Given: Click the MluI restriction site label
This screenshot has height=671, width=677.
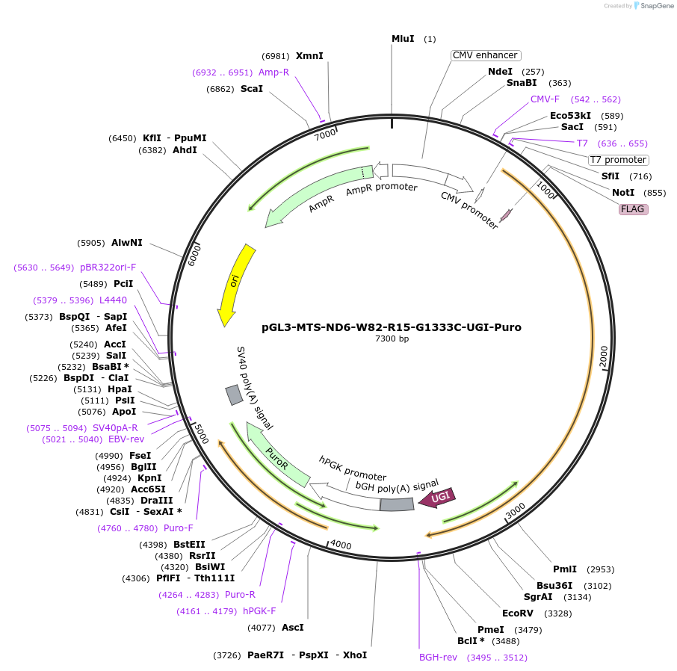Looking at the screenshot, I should coord(403,39).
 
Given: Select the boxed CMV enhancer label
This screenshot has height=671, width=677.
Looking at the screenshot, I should coord(485,55).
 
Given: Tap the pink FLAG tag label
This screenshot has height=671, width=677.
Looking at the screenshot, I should coord(632,209).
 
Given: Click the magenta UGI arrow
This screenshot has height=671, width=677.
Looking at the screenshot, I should coord(437,498).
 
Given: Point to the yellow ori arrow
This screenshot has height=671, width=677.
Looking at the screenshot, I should coord(235,284).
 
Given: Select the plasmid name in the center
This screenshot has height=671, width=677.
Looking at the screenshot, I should coord(392,327).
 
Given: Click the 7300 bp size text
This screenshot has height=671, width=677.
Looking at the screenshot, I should coord(392,339).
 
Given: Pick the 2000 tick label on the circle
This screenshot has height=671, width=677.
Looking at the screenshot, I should coord(604,357).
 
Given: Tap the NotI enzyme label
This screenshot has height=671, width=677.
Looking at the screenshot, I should coord(623,193).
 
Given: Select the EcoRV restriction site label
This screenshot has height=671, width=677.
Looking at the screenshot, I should coord(517,613).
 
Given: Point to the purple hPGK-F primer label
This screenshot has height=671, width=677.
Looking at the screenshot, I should coord(259,611).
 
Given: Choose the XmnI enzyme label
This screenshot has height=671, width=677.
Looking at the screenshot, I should coord(309,56).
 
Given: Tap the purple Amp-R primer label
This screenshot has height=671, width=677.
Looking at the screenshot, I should coord(273,72).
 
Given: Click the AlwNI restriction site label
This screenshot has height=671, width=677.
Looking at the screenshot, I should coord(127,243).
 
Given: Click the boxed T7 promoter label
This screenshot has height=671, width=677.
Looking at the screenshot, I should coord(618,160).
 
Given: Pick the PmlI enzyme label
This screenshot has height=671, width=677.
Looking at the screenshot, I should coord(565,569).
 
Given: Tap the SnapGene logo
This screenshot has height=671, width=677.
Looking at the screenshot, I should coord(646,6).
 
